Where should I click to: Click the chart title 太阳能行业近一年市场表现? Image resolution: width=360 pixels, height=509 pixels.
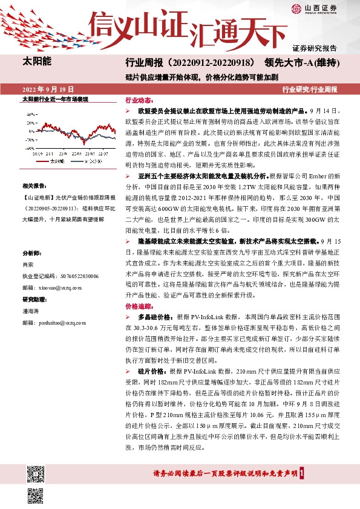pyautogui.click(x=55, y=98)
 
